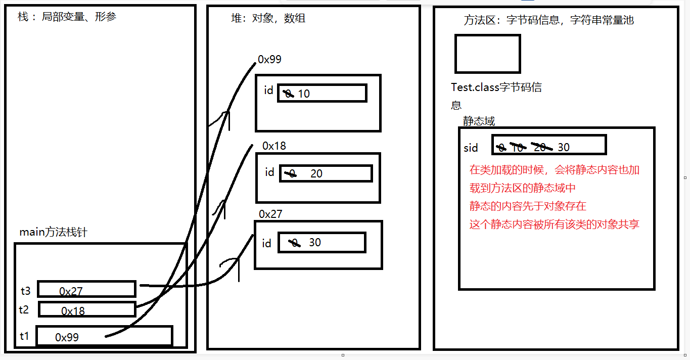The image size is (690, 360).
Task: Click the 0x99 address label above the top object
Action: tap(269, 60)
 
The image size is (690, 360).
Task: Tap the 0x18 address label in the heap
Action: tap(274, 146)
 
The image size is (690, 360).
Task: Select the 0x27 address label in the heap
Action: tap(270, 214)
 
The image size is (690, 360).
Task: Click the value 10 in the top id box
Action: tap(304, 94)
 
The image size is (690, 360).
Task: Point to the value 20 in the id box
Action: tap(316, 174)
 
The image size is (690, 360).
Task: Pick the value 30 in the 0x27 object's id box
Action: tap(315, 243)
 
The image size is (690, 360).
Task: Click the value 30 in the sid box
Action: tap(564, 147)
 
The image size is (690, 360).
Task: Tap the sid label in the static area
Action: tap(471, 148)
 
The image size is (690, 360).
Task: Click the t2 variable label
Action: tap(24, 310)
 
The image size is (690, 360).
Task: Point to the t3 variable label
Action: tap(26, 291)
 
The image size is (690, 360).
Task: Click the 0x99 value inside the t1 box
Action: tap(67, 337)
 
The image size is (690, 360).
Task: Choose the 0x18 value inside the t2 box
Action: tap(73, 311)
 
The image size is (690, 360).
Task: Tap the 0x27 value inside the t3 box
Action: tap(71, 291)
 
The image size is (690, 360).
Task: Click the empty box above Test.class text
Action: tap(487, 54)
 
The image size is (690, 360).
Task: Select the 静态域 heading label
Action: tap(479, 121)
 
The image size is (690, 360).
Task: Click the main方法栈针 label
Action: tap(53, 233)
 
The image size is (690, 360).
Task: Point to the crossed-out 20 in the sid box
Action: tap(539, 147)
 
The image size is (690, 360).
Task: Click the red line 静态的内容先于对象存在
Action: tap(528, 206)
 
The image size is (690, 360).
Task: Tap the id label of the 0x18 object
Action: tap(269, 172)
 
